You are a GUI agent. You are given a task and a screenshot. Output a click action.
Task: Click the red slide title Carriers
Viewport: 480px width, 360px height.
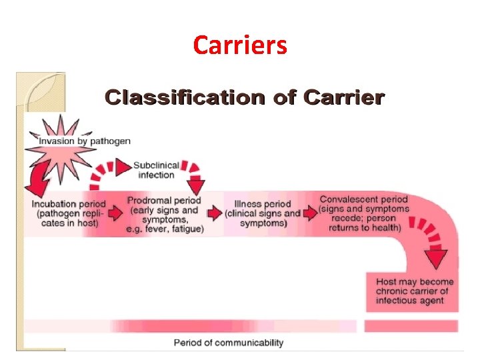coord(240,45)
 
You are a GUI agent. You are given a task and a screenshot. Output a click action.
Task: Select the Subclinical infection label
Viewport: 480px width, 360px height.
coord(156,170)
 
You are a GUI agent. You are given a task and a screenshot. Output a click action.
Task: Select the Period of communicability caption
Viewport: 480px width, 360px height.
coord(229,343)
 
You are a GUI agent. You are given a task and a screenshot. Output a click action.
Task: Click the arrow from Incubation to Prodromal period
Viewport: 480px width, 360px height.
coord(114,213)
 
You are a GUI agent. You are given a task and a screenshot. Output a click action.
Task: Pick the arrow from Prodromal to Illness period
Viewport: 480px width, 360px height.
coord(214,213)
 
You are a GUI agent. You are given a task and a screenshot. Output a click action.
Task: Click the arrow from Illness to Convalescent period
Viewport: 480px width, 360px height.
coord(310,213)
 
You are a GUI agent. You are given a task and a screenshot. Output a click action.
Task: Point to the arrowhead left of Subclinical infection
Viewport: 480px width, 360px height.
coord(123,167)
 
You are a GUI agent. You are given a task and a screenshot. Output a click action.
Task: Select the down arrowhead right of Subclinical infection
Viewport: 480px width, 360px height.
coord(197,185)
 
